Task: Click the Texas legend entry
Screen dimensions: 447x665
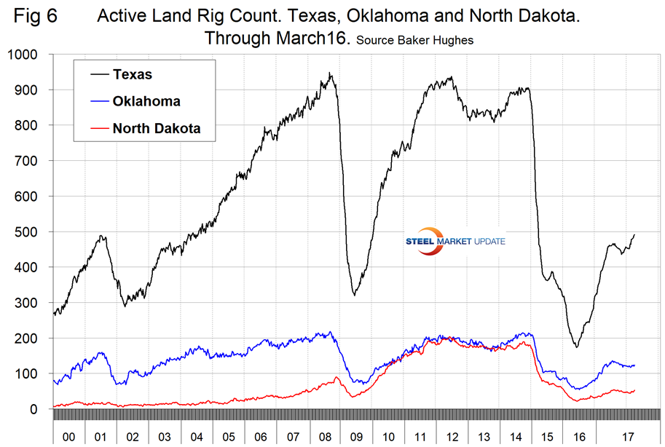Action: pyautogui.click(x=132, y=74)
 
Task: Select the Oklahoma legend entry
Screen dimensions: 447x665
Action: pyautogui.click(x=146, y=101)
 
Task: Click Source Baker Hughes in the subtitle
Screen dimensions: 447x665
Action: pyautogui.click(x=414, y=41)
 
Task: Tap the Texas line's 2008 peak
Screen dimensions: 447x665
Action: pyautogui.click(x=330, y=73)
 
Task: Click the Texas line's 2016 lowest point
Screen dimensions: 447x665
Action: pyautogui.click(x=576, y=347)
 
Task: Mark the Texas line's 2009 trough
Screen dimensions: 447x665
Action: pyautogui.click(x=354, y=294)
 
